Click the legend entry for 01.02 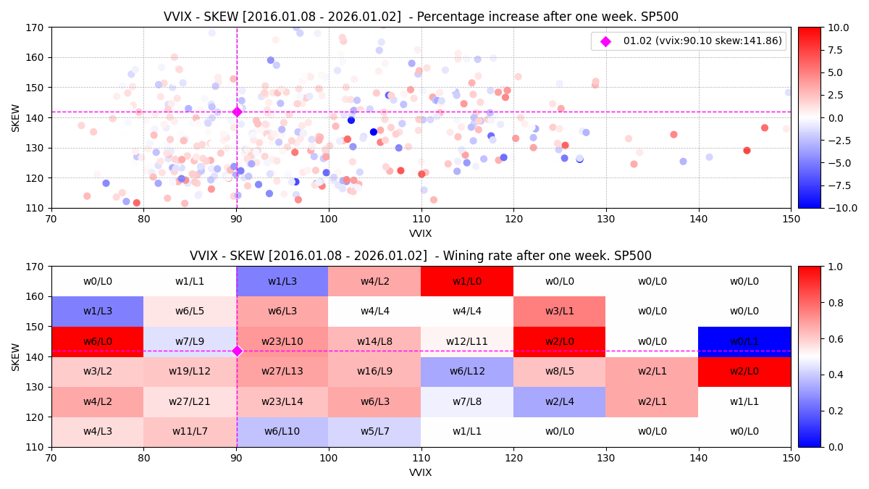pos(688,41)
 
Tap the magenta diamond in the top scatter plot pos(237,112)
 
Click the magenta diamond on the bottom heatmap pos(237,351)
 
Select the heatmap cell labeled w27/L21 pos(190,401)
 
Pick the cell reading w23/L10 pos(282,341)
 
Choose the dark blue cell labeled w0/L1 pos(744,341)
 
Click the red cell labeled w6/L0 pos(98,341)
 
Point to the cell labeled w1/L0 pos(467,281)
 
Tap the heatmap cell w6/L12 pos(467,372)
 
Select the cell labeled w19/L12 pos(190,372)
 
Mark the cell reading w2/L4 pos(560,401)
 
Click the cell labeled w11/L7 pos(190,432)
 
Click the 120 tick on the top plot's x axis pos(513,218)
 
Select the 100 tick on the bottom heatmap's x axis pos(329,457)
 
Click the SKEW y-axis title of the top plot pos(16,117)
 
